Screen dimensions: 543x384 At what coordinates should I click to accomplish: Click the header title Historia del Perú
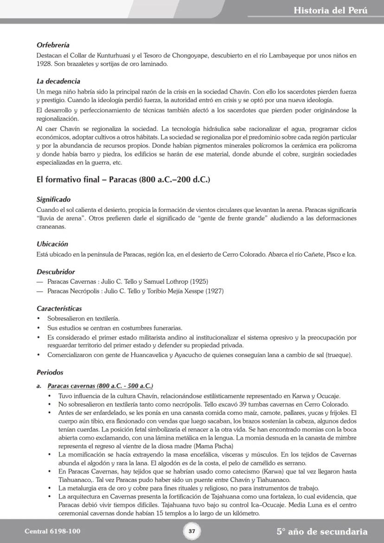tap(330, 10)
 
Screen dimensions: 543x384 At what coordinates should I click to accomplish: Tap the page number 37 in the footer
tap(192, 531)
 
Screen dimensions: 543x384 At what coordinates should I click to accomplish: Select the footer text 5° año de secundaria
tap(322, 531)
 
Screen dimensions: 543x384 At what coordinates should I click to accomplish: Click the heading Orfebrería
tap(53, 45)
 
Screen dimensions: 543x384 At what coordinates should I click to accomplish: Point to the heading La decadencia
tap(58, 81)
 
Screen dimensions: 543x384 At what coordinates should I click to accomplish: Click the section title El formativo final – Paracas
tap(123, 179)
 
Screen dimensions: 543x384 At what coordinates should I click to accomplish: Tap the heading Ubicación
tap(52, 244)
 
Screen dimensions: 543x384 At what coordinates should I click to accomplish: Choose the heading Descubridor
tap(56, 272)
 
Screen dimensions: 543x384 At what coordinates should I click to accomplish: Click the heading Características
tap(59, 308)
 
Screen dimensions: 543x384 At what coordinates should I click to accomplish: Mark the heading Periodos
tap(50, 372)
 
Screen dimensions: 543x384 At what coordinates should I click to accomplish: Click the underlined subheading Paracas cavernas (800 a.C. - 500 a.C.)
tap(100, 386)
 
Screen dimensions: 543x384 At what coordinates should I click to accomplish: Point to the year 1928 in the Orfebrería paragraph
tap(44, 64)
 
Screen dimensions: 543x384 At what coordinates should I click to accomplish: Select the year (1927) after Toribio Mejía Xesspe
tap(214, 291)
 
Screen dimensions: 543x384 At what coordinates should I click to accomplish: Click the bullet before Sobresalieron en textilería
tap(38, 319)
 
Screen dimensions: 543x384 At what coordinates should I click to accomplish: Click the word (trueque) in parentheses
tap(339, 355)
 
